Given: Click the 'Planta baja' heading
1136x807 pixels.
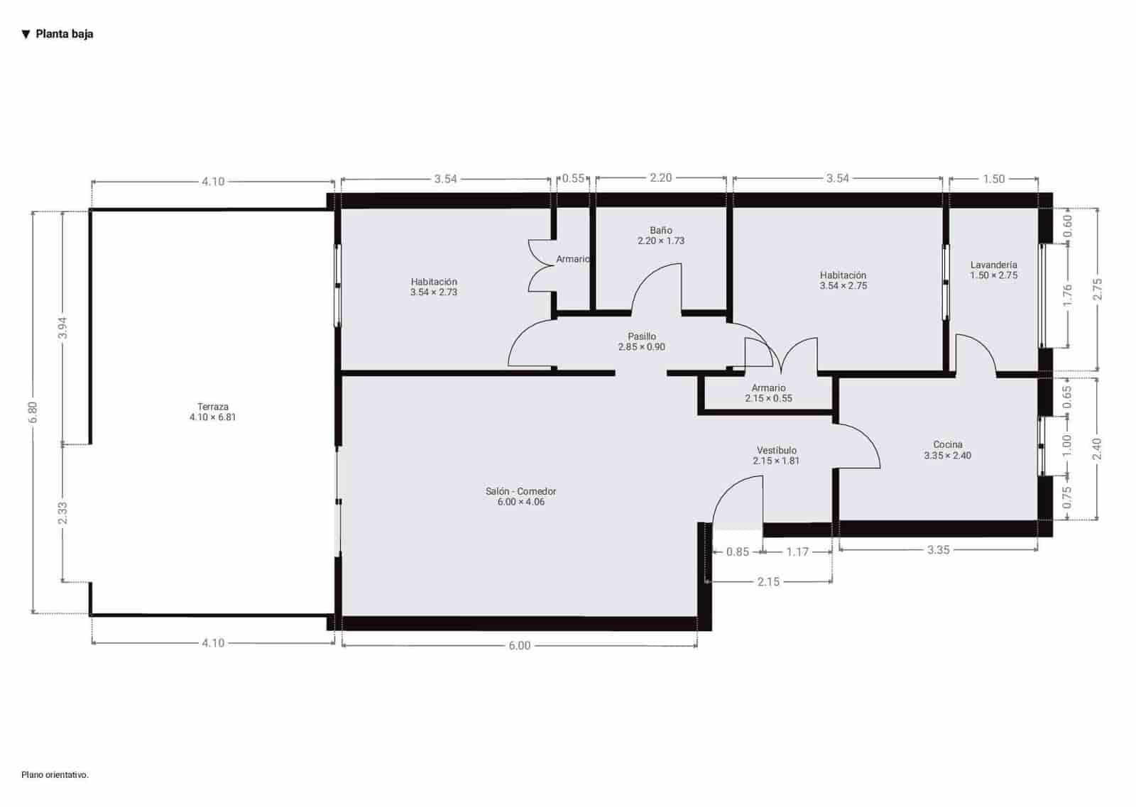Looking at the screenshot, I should point(64,34).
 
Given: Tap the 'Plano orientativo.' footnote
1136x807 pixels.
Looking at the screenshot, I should point(55,775).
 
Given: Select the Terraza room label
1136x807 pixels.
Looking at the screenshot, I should point(212,412).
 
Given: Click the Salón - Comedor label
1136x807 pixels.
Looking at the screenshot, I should point(520,496).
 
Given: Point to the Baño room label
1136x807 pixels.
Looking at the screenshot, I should point(660,235).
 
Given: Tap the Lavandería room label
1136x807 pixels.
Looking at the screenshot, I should point(993,270).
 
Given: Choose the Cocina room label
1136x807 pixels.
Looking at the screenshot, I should point(947,450).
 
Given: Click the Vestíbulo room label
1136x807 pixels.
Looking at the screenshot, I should point(776,455).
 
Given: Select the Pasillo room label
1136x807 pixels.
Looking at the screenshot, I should point(641,341).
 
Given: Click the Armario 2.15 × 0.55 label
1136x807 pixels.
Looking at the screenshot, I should point(768,392).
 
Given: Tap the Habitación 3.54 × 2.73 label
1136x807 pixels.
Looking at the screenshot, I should point(433,287).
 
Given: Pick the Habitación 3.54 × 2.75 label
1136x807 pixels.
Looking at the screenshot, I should point(843,280).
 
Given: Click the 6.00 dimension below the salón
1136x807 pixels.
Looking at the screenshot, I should point(519,645).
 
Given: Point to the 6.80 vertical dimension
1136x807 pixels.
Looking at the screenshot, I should point(33,412).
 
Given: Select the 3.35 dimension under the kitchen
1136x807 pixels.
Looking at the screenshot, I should point(938,549).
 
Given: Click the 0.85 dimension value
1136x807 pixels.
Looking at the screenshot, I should point(737,551).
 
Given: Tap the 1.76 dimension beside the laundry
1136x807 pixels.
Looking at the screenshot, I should point(1067,296).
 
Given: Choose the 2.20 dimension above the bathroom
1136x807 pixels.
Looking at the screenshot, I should point(660,177).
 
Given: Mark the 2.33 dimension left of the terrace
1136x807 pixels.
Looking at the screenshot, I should point(62,513).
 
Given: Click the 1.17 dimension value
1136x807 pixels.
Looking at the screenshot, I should point(797,551).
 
